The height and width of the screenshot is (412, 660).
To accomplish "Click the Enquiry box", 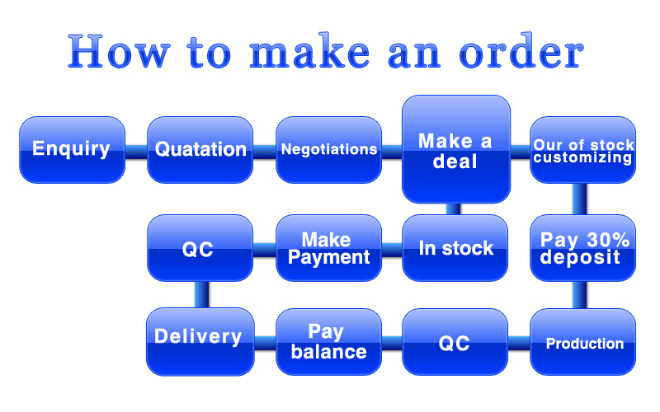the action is [x=72, y=149].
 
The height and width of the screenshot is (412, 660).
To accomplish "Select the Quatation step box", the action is [x=200, y=149].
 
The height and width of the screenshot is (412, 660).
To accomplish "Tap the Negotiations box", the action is [x=328, y=149].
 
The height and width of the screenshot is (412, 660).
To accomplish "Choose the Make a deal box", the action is [x=455, y=148].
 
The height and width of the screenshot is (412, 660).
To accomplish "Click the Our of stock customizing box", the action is [x=582, y=149].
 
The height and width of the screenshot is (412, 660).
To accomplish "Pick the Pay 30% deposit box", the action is [x=582, y=247].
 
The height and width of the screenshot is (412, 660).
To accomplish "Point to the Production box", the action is [x=582, y=342].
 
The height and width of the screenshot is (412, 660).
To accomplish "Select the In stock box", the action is [x=455, y=247].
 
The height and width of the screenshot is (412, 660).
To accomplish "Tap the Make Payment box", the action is [x=328, y=247].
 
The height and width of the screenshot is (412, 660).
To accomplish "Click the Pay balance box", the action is [x=328, y=342].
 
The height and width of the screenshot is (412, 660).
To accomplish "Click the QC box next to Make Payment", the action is [x=200, y=247].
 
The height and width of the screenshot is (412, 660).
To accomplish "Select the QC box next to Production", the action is [x=455, y=342].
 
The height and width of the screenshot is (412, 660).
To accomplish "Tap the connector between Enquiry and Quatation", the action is [x=136, y=150].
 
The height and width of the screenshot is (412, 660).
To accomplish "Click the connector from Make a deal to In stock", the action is [x=453, y=208].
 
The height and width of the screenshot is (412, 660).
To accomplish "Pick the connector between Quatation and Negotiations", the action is [x=264, y=150].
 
